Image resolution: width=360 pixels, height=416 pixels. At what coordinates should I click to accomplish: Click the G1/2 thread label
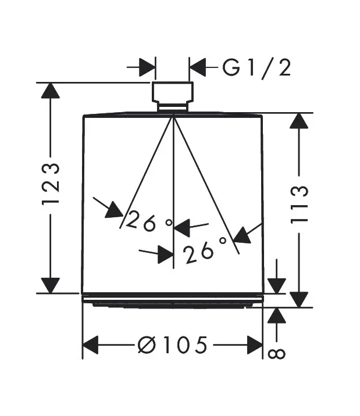pos(256,68)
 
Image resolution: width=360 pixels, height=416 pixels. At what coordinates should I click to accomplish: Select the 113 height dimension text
pos(299,205)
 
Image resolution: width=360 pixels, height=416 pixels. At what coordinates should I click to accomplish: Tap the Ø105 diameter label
pos(172,345)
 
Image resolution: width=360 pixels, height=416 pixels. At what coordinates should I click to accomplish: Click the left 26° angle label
pos(149,221)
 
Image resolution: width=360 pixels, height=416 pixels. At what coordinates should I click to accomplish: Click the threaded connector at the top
pos(173,96)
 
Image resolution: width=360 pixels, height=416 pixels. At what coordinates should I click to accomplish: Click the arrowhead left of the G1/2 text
pos(198,67)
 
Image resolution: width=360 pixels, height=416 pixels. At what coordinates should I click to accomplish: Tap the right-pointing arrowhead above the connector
pos(147,67)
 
